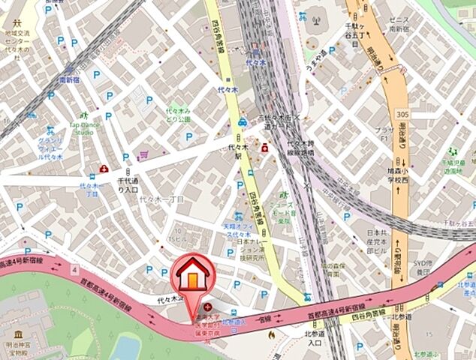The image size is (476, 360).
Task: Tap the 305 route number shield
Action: point(403,112)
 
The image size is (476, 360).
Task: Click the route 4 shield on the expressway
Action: point(75,268)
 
